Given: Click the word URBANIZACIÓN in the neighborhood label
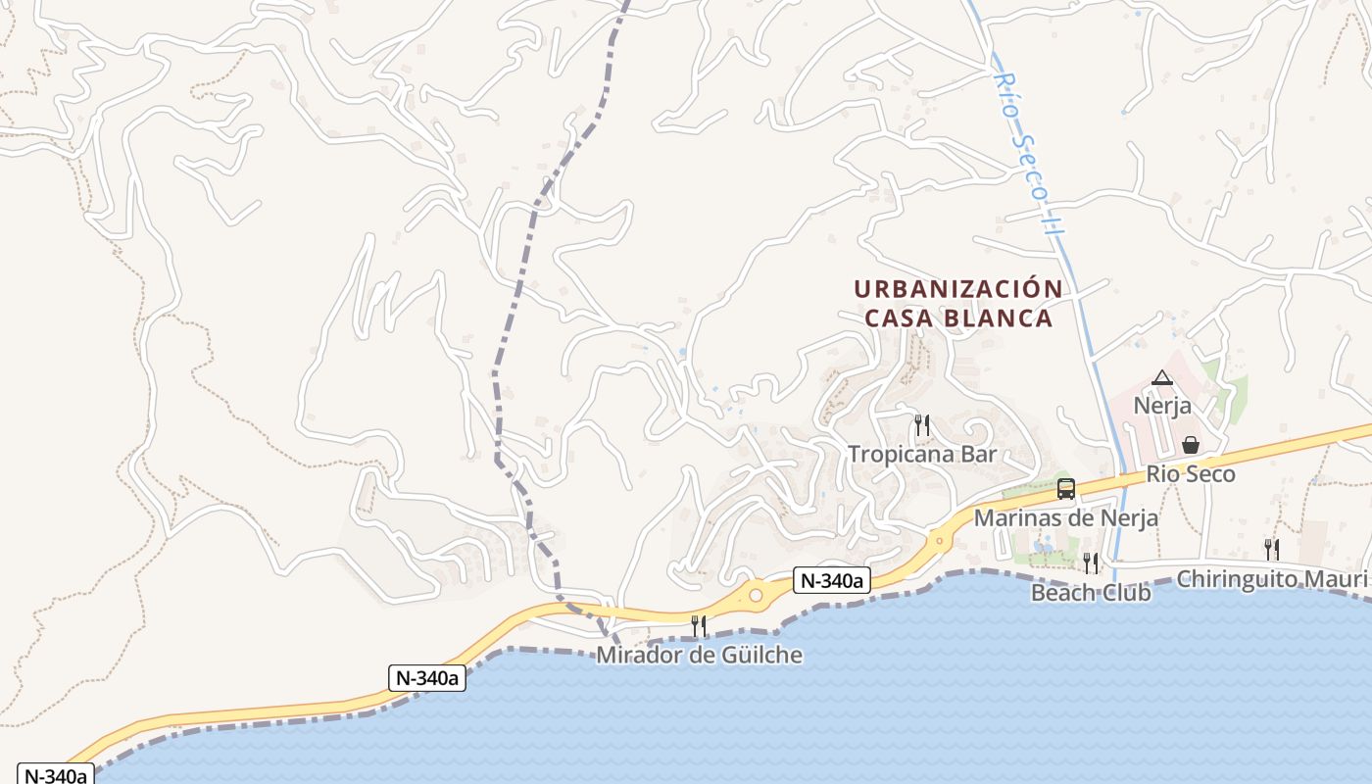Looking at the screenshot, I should point(957,289).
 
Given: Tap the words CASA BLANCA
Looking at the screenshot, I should point(957,318).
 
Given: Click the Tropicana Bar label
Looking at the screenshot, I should point(921,454).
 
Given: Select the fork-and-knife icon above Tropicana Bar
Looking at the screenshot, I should point(921,424).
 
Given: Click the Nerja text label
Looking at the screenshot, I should point(1161,405).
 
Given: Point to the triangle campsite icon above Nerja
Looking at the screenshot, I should point(1161,377).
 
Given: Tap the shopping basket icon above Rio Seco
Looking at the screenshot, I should point(1190,445).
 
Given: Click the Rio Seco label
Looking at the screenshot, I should point(1190,474).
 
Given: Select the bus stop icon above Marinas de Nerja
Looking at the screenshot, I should point(1065,488).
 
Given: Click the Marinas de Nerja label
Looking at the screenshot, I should point(1065,517).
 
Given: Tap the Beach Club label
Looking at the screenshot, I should point(1090,592).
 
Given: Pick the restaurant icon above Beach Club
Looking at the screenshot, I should point(1090,563).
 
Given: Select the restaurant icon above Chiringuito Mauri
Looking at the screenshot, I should point(1271,549).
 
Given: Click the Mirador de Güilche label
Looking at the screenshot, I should point(699,655).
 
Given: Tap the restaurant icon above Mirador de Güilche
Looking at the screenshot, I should point(699,625).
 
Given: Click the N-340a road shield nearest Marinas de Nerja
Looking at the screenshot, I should point(831,580).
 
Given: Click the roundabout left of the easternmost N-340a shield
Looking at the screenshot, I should point(756,595).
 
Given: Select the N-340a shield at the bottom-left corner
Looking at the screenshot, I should point(55,774).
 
